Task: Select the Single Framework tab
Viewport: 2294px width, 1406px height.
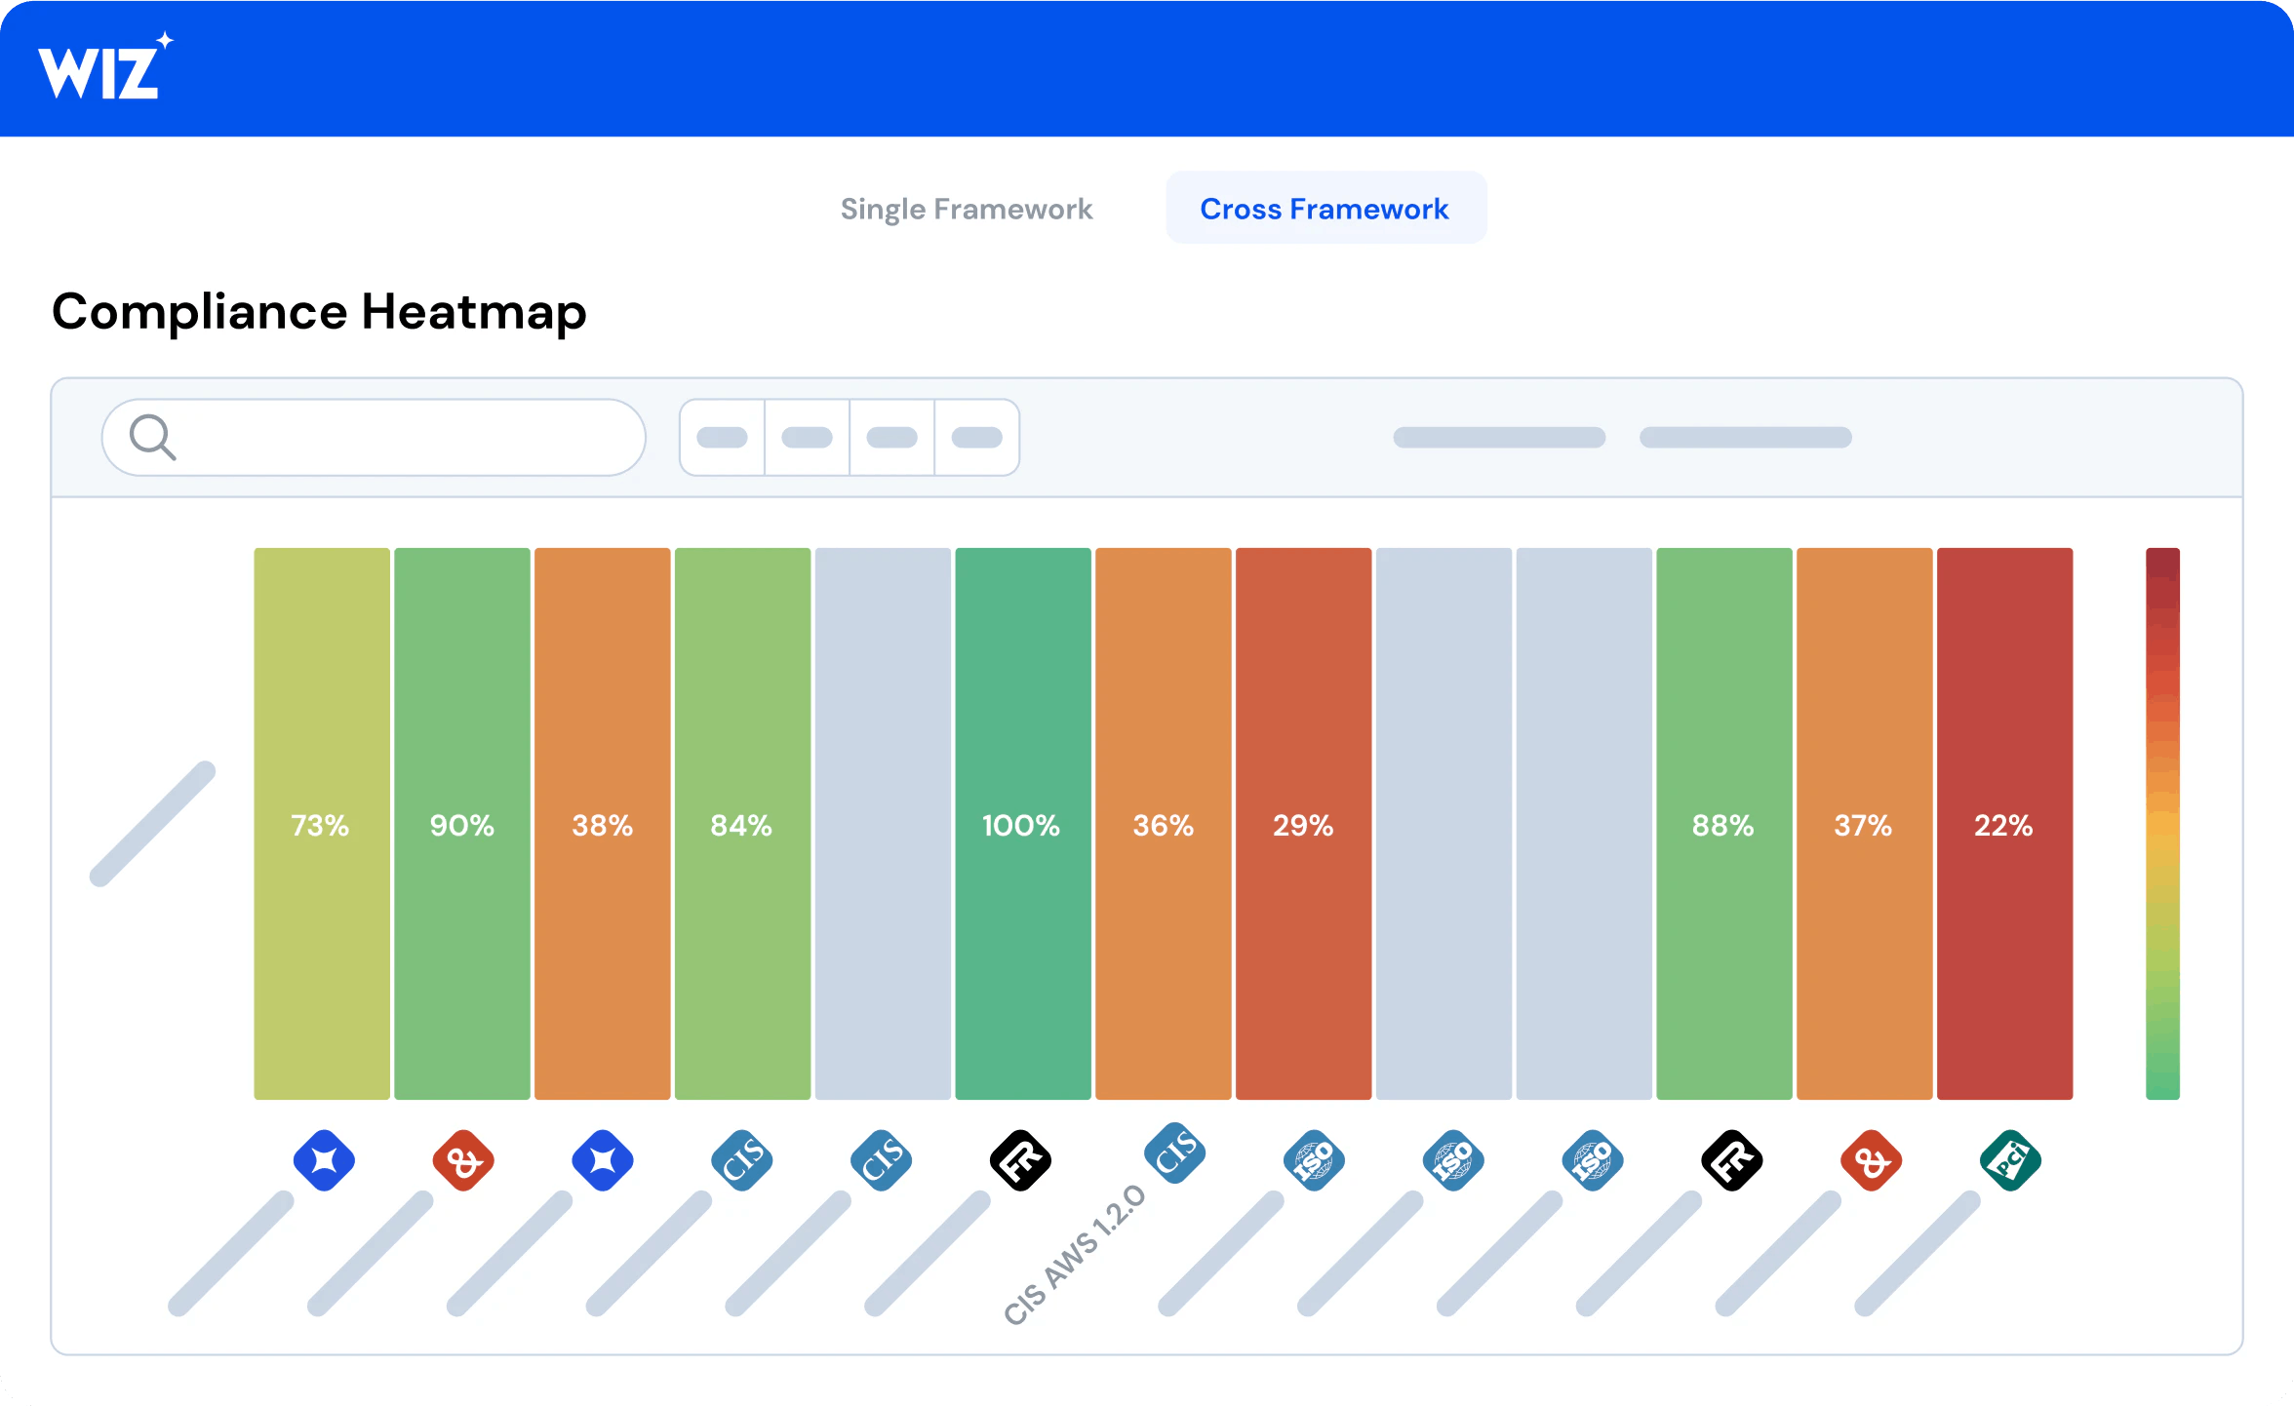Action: (966, 209)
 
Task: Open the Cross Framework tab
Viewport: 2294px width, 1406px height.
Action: (1324, 209)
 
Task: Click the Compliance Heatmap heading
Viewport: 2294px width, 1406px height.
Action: (319, 312)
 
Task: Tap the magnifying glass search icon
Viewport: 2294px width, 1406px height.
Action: (153, 437)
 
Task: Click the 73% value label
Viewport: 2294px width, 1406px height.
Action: (320, 826)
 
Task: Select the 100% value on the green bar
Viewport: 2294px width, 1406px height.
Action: (1020, 826)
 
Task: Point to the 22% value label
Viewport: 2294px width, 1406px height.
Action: (2003, 826)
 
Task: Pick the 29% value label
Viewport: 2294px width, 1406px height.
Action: (1302, 826)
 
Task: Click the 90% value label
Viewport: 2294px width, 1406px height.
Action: (461, 826)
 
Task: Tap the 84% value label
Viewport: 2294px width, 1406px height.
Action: (741, 826)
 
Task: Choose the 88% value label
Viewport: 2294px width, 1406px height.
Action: (1722, 826)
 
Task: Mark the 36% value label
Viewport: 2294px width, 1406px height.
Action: (1163, 826)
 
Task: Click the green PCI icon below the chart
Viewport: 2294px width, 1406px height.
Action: (2010, 1160)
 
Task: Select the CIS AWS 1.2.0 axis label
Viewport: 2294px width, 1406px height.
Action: (1075, 1255)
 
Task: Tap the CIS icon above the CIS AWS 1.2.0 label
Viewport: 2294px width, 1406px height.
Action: (1174, 1152)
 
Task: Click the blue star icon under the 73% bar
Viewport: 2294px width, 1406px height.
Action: (324, 1160)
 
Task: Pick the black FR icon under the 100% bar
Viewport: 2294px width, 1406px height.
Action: (1020, 1160)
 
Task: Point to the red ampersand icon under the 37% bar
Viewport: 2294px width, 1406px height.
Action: (1871, 1160)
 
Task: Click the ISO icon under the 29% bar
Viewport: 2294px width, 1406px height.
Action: (1314, 1160)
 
